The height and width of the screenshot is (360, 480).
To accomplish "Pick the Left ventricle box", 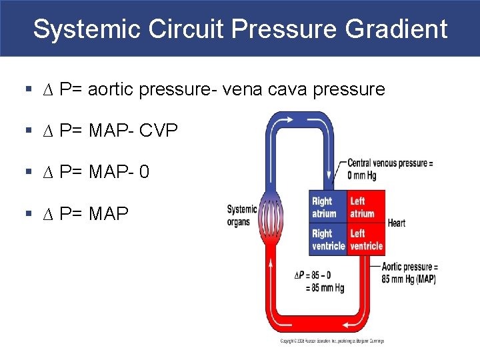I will (x=366, y=239).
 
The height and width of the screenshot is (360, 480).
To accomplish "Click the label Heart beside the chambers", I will (x=397, y=223).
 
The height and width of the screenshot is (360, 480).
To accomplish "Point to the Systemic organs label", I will (x=242, y=215).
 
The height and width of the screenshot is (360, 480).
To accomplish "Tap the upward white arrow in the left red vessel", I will (x=271, y=266).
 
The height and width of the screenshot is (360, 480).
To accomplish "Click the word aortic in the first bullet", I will (x=159, y=89).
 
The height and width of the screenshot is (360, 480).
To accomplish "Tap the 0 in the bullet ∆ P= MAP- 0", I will (x=144, y=172).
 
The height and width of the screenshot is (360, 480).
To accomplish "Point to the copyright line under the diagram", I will (x=331, y=341).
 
